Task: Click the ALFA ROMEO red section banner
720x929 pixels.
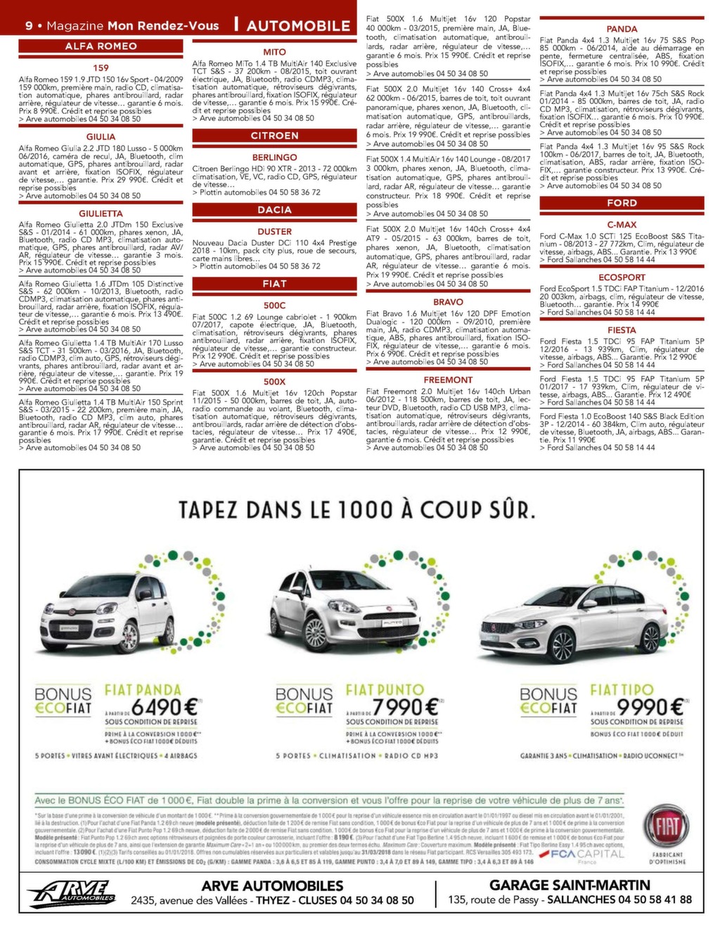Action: point(101,46)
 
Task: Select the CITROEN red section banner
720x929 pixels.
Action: point(274,136)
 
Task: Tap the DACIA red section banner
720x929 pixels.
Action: point(274,209)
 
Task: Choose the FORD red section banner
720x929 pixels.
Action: point(622,203)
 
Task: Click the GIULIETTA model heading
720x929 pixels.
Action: point(101,214)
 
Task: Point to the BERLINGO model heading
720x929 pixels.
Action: point(274,157)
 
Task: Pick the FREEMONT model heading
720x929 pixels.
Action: point(448,380)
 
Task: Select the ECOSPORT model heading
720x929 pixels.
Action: point(622,278)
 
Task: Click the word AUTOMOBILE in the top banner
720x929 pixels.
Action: point(298,26)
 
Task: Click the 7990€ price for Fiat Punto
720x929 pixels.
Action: point(406,706)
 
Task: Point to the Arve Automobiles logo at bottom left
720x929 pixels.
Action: point(72,894)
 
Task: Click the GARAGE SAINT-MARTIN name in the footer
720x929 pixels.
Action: point(569,885)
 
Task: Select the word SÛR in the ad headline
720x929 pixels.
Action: point(503,509)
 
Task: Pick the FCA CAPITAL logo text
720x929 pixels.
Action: point(588,855)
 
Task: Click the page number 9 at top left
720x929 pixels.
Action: point(29,26)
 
